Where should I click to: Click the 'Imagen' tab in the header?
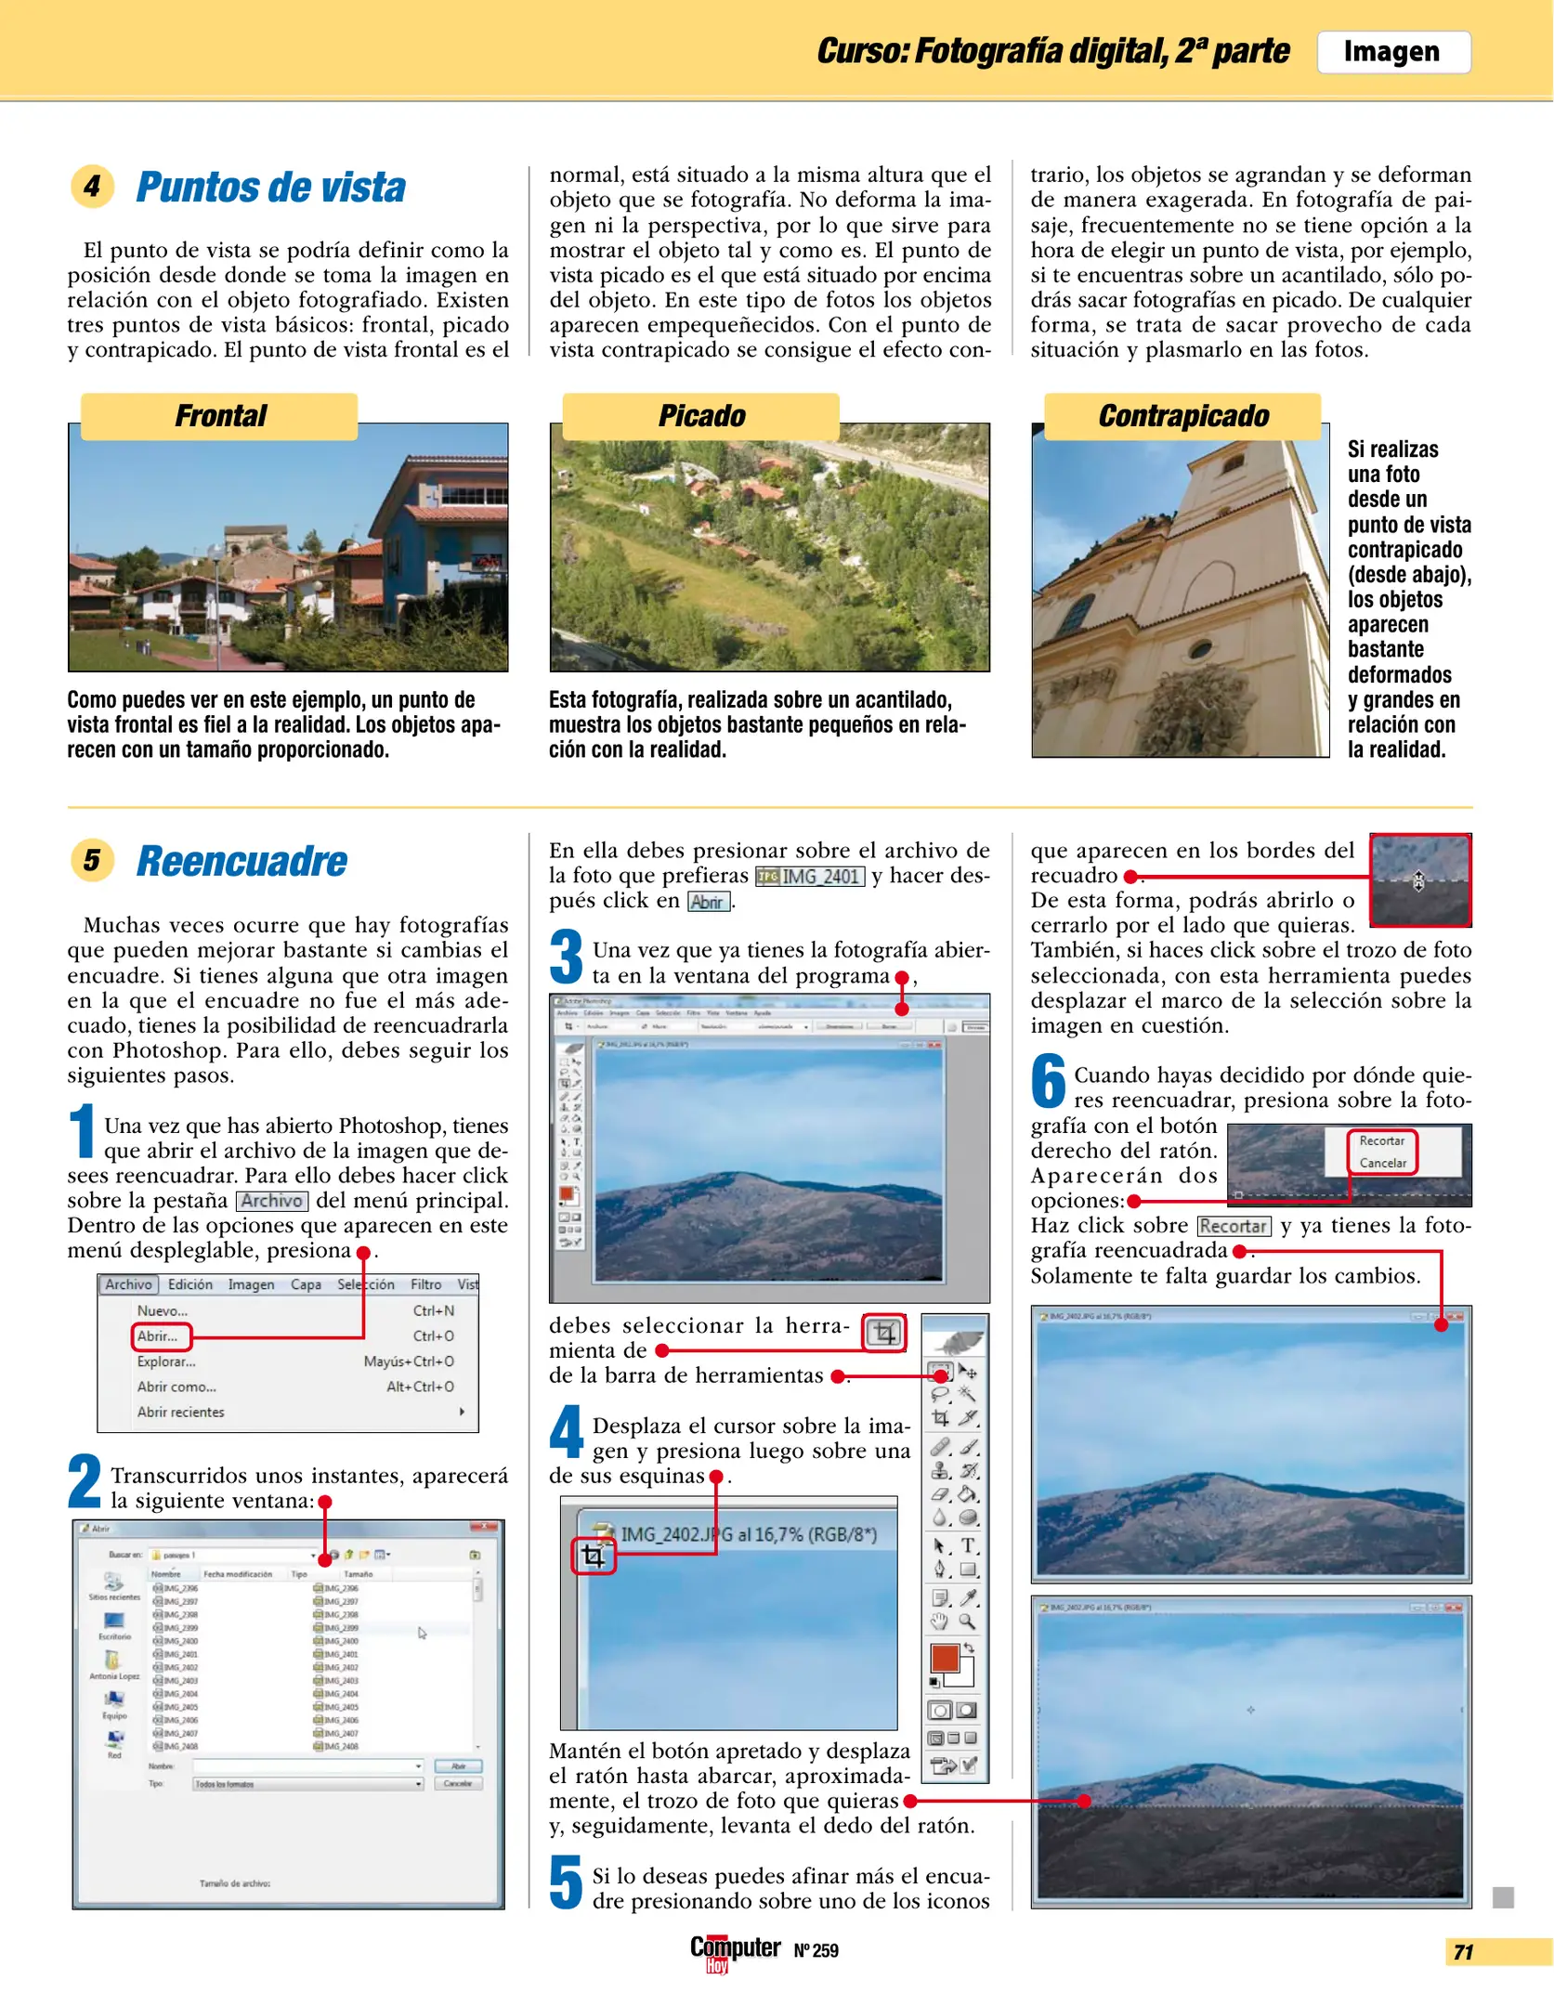[1391, 52]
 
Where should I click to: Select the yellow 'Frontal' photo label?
[220, 416]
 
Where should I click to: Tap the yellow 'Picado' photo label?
[701, 416]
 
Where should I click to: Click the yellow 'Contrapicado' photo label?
[1182, 416]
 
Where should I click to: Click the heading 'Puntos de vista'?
[270, 188]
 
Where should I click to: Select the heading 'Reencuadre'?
[242, 861]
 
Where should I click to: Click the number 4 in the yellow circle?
[92, 187]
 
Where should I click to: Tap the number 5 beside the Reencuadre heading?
[92, 860]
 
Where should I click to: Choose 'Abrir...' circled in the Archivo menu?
[160, 1336]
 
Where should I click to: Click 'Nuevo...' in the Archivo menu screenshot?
[163, 1311]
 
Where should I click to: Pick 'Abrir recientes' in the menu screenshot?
[181, 1412]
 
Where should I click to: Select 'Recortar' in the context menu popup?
[1381, 1140]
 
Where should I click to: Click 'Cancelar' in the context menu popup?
[1382, 1163]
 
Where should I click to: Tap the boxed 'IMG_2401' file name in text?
[811, 876]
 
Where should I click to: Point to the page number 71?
[1464, 1952]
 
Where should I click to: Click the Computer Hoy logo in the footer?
[735, 1950]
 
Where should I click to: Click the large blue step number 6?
[1048, 1082]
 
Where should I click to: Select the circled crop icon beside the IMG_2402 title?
[593, 1557]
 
